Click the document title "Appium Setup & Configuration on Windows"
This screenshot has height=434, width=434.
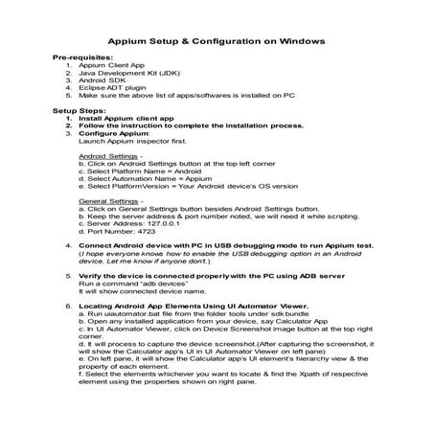(217, 41)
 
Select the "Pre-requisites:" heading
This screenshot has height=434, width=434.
(85, 59)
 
